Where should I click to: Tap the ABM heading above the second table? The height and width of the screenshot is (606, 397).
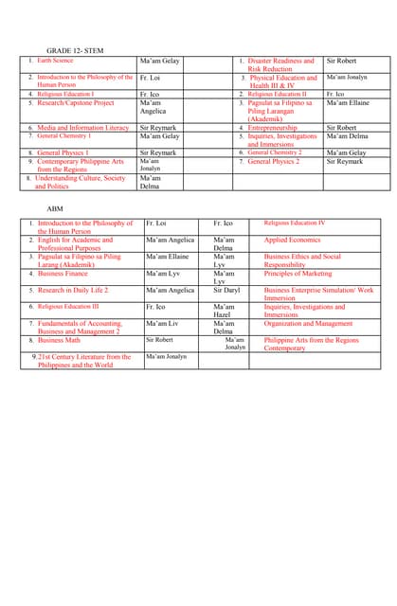[55, 207]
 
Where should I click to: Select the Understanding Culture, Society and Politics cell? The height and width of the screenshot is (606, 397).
[80, 182]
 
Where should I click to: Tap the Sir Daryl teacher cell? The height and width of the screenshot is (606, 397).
[226, 290]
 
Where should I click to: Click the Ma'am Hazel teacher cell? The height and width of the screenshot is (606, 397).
[224, 311]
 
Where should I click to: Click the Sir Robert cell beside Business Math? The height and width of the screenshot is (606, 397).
[159, 339]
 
